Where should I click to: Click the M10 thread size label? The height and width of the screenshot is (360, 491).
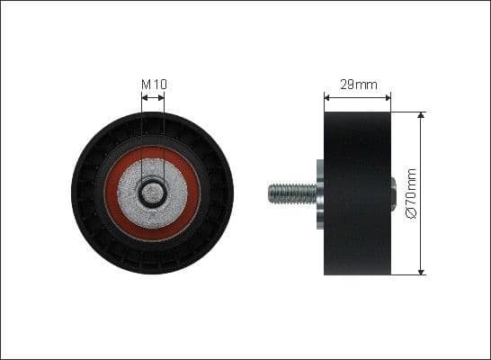[x=154, y=85]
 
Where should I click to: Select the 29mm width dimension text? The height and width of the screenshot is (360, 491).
[x=358, y=85]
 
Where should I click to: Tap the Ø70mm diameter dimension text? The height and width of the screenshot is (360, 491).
[x=412, y=193]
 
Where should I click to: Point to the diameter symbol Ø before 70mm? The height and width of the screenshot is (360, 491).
[x=412, y=214]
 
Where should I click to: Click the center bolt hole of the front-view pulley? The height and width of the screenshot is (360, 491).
[x=154, y=192]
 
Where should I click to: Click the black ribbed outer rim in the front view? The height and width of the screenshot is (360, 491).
[x=85, y=193]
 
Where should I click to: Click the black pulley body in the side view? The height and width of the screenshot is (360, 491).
[x=358, y=193]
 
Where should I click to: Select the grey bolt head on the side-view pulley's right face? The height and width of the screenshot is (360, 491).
[x=394, y=193]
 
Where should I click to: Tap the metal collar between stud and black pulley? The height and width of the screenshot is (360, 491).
[x=320, y=193]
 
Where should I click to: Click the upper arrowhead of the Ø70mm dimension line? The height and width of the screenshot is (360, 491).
[x=421, y=116]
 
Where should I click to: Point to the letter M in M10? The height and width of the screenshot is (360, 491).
[x=147, y=85]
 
